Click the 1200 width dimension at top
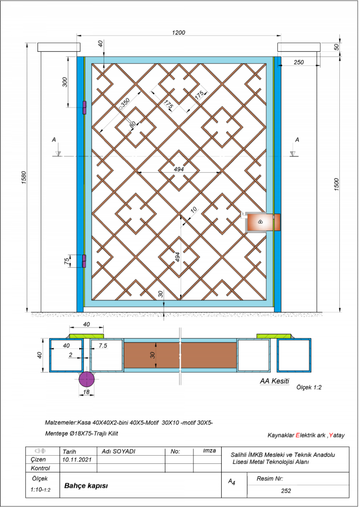click(x=179, y=32)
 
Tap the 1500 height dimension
click(x=336, y=185)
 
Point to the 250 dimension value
click(x=299, y=62)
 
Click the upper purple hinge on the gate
click(x=85, y=107)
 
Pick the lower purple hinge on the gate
click(x=85, y=261)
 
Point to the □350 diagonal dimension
click(x=124, y=103)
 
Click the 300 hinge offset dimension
click(x=65, y=83)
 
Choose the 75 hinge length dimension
click(x=67, y=261)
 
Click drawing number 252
click(x=286, y=491)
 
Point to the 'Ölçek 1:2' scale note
click(x=309, y=387)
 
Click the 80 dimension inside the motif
click(x=132, y=124)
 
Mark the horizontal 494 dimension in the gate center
click(x=179, y=169)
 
